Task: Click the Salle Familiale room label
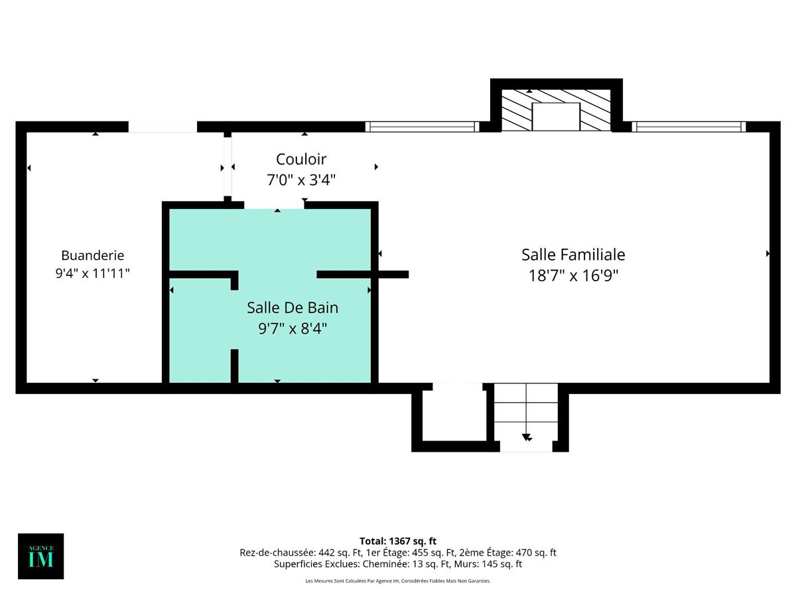click(x=573, y=255)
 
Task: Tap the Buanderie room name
click(x=92, y=255)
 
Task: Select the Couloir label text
click(x=301, y=159)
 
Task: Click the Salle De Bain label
click(x=293, y=308)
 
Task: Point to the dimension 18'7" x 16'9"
click(x=573, y=276)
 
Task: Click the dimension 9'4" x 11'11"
click(x=92, y=273)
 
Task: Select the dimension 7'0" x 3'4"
click(x=301, y=180)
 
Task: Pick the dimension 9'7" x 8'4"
click(x=293, y=328)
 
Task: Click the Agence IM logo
click(x=41, y=556)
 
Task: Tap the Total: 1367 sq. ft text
click(x=398, y=541)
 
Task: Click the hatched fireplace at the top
click(x=556, y=109)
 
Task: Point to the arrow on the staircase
click(x=527, y=436)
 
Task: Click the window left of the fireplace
click(x=422, y=127)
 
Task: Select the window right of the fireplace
click(x=688, y=127)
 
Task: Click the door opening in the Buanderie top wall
click(x=163, y=127)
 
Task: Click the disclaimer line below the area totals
click(x=398, y=581)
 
